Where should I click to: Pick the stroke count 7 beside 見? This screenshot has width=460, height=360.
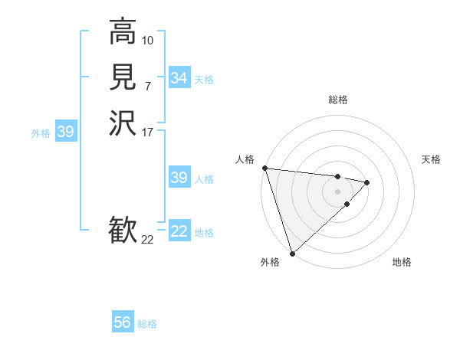point(148,85)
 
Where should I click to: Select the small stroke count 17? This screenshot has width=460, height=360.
point(148,132)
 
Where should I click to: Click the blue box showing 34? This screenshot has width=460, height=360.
point(179,78)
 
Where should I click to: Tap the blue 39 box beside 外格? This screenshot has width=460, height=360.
point(66,132)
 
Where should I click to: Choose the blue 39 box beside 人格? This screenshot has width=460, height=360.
point(179,178)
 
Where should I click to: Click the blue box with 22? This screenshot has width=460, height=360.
point(179,231)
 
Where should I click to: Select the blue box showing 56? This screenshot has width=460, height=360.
point(123,322)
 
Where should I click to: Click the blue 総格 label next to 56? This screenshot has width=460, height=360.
point(148,324)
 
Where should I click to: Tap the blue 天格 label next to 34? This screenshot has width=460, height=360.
point(204,80)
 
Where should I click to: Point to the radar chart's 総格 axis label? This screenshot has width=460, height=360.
point(338,100)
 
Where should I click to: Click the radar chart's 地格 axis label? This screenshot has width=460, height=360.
point(402,263)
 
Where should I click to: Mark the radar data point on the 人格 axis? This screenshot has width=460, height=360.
point(264,168)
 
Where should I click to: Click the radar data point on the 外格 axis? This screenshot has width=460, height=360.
point(292,253)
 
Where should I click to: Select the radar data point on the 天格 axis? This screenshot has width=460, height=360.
point(367,182)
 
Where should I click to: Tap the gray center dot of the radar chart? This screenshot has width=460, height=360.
point(337,191)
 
